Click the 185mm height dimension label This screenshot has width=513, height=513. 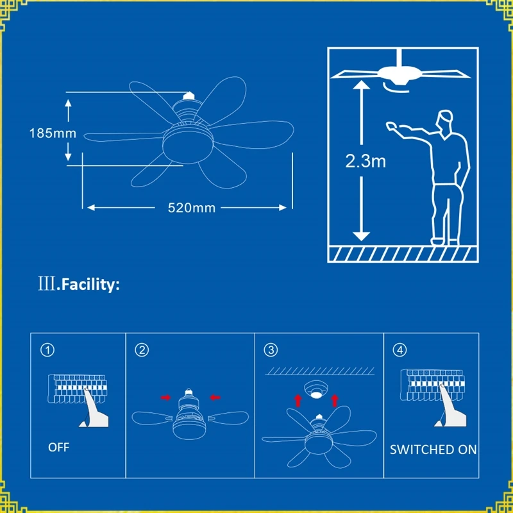coord(53,134)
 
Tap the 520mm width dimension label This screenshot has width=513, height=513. coord(191,208)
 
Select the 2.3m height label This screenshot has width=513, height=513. coord(366,161)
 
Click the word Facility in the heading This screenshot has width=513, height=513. coord(88,285)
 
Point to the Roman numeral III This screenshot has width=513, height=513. coord(47,285)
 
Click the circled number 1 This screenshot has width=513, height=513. coord(47,350)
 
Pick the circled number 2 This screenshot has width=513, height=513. coord(142,350)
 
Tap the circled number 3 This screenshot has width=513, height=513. coord(271,350)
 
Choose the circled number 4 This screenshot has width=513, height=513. coord(401,350)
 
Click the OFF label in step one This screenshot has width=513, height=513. coord(59,447)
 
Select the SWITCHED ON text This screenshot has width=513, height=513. coord(433,450)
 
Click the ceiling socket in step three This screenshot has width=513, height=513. coord(315,391)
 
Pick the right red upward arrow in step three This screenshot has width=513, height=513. coord(334,402)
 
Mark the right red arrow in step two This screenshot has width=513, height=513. coord(215,398)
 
